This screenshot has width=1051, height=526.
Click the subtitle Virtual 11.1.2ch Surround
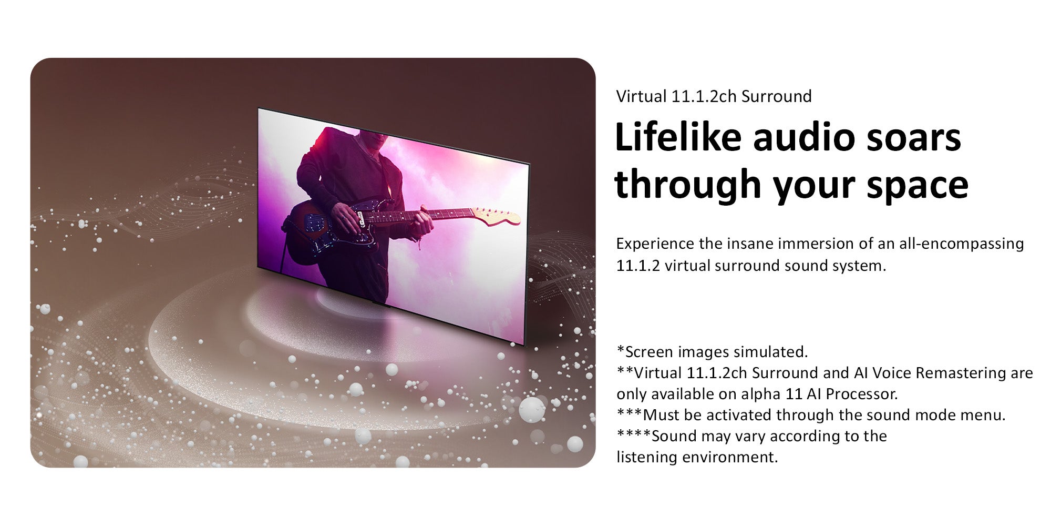pos(714,96)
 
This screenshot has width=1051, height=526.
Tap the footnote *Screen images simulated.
pos(712,351)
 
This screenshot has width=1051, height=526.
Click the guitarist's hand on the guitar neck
pos(424,224)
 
